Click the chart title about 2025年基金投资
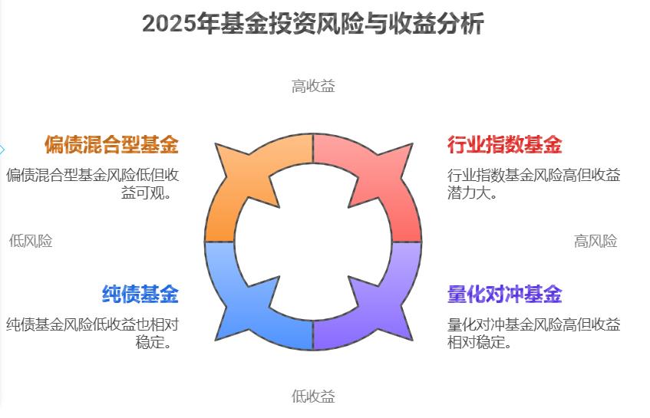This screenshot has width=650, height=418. tap(313, 25)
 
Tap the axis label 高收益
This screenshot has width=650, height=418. tap(313, 86)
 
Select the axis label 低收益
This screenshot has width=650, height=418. tap(313, 397)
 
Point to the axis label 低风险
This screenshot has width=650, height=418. tap(31, 241)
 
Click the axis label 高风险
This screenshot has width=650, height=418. tap(596, 242)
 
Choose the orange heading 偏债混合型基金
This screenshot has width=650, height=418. tap(111, 144)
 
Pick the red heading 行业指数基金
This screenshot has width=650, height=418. tap(505, 144)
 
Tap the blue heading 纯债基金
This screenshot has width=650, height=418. tap(140, 294)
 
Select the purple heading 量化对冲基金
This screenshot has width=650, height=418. tap(505, 294)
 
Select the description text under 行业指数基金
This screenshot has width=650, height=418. tap(533, 183)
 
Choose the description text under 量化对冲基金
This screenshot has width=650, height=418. tap(533, 333)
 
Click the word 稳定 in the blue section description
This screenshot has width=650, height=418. tap(149, 341)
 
